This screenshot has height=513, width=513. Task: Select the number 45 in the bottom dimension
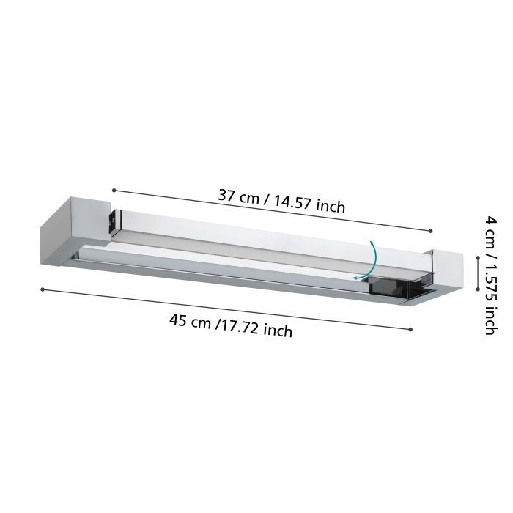(179, 320)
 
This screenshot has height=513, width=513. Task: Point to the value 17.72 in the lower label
(241, 327)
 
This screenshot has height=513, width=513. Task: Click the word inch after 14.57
(331, 207)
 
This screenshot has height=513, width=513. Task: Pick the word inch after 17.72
(278, 331)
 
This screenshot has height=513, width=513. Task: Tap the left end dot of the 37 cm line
(114, 191)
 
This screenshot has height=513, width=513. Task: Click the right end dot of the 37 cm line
(431, 231)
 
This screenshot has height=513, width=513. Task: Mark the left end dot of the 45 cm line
(43, 289)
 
